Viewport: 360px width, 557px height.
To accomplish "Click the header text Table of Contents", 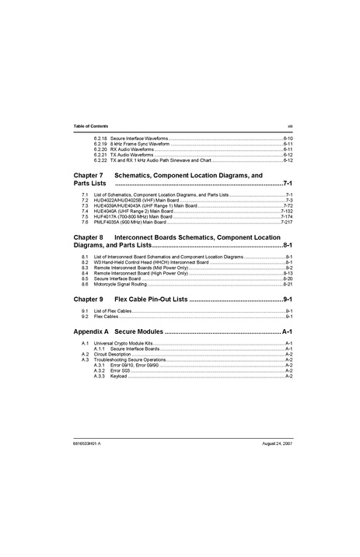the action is pos(90,126).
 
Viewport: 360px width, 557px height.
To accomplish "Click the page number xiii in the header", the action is pos(288,126).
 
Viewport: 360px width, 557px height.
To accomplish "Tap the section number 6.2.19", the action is pos(100,144).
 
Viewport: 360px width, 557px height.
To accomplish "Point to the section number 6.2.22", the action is pos(100,160).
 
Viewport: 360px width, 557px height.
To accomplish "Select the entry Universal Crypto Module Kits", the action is pos(124,343).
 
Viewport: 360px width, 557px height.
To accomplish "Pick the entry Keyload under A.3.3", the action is pos(118,376).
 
